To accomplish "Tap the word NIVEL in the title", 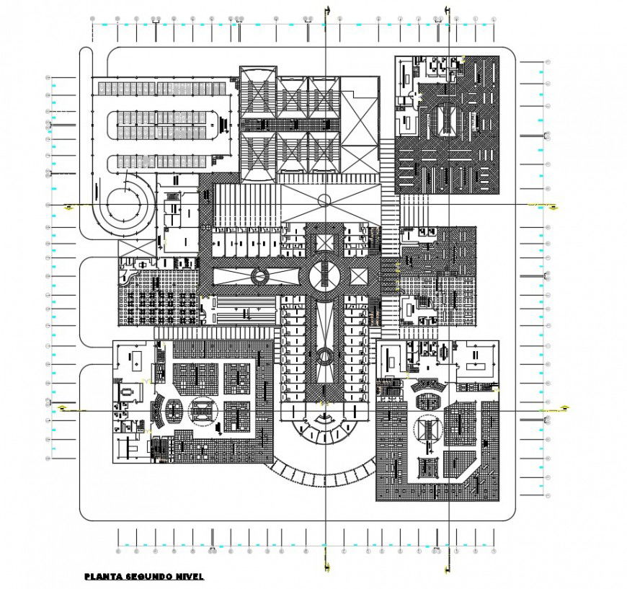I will pos(189,576).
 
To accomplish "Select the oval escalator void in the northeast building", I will pos(446,115).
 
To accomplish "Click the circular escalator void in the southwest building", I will pos(202,412).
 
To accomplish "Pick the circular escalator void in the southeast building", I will pos(427,431).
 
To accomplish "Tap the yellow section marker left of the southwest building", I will pos(64,409).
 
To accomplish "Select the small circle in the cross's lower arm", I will pos(324,355).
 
